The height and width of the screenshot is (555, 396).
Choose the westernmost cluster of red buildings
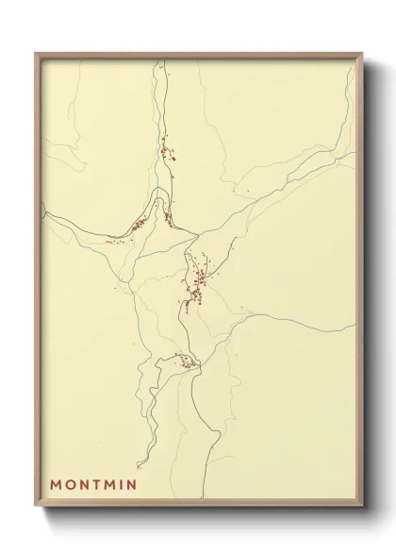coord(138,225)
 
